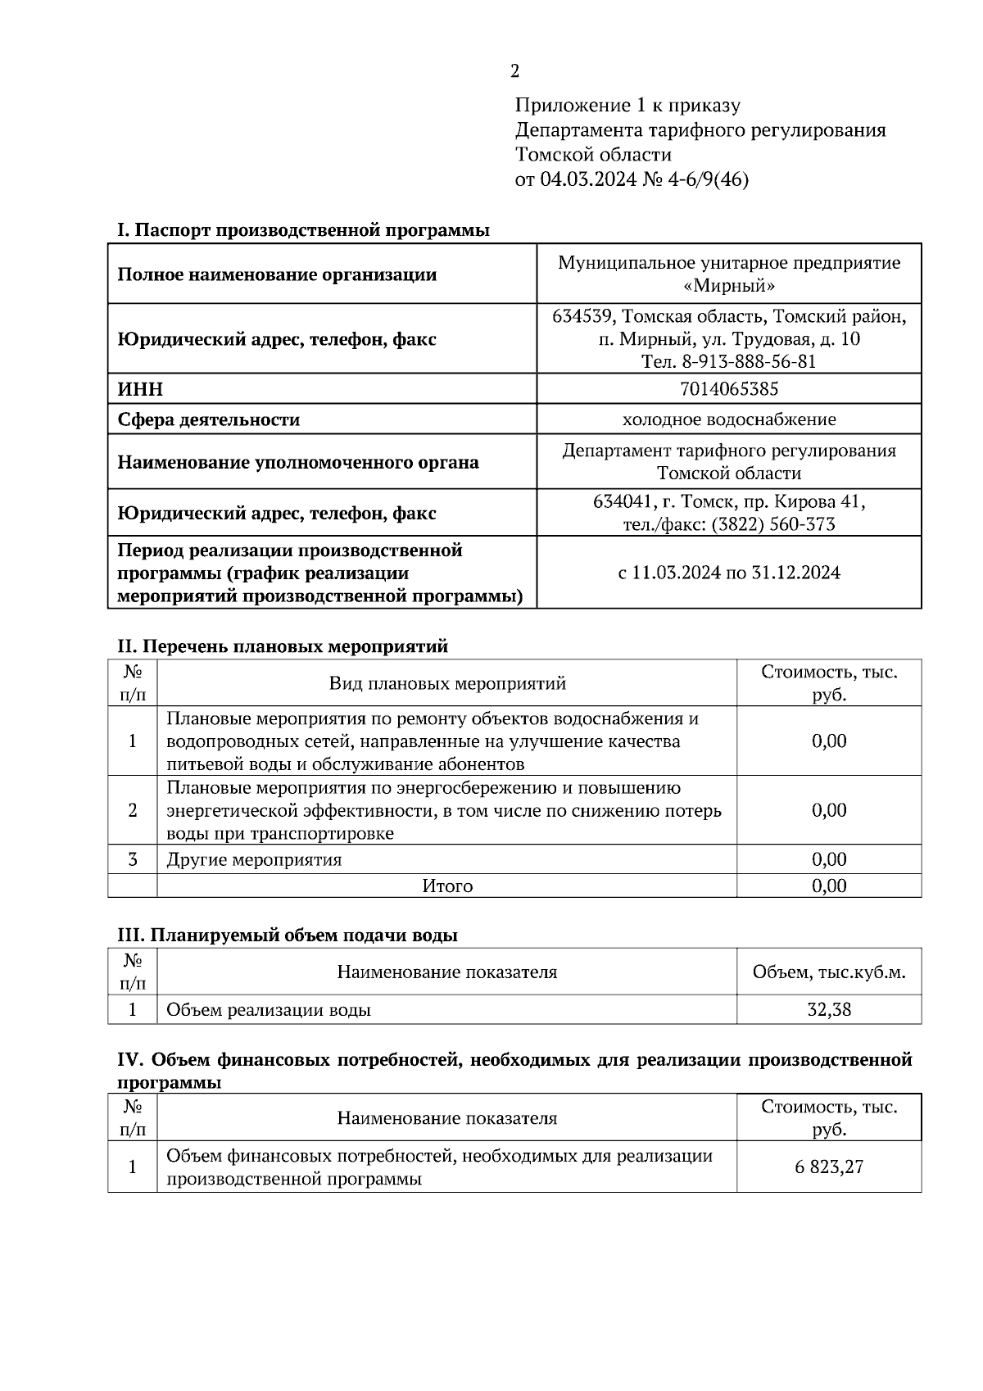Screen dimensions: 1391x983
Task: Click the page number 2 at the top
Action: pos(514,71)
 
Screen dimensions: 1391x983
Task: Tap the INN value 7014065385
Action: pos(728,389)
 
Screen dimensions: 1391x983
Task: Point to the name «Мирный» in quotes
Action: pos(728,286)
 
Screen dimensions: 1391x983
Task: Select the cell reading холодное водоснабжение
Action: pos(728,419)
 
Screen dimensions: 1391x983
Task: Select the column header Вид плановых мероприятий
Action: pos(447,683)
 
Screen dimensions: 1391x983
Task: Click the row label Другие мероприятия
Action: pos(254,859)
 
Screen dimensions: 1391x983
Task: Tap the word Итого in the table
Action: pos(447,886)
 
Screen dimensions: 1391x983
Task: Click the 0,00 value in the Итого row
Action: pos(828,886)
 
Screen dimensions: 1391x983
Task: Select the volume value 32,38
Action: pos(828,1009)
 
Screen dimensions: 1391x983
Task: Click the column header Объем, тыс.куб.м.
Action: pos(828,972)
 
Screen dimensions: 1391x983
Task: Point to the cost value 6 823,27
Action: pos(828,1167)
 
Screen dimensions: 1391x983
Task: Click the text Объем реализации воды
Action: pos(269,1009)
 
